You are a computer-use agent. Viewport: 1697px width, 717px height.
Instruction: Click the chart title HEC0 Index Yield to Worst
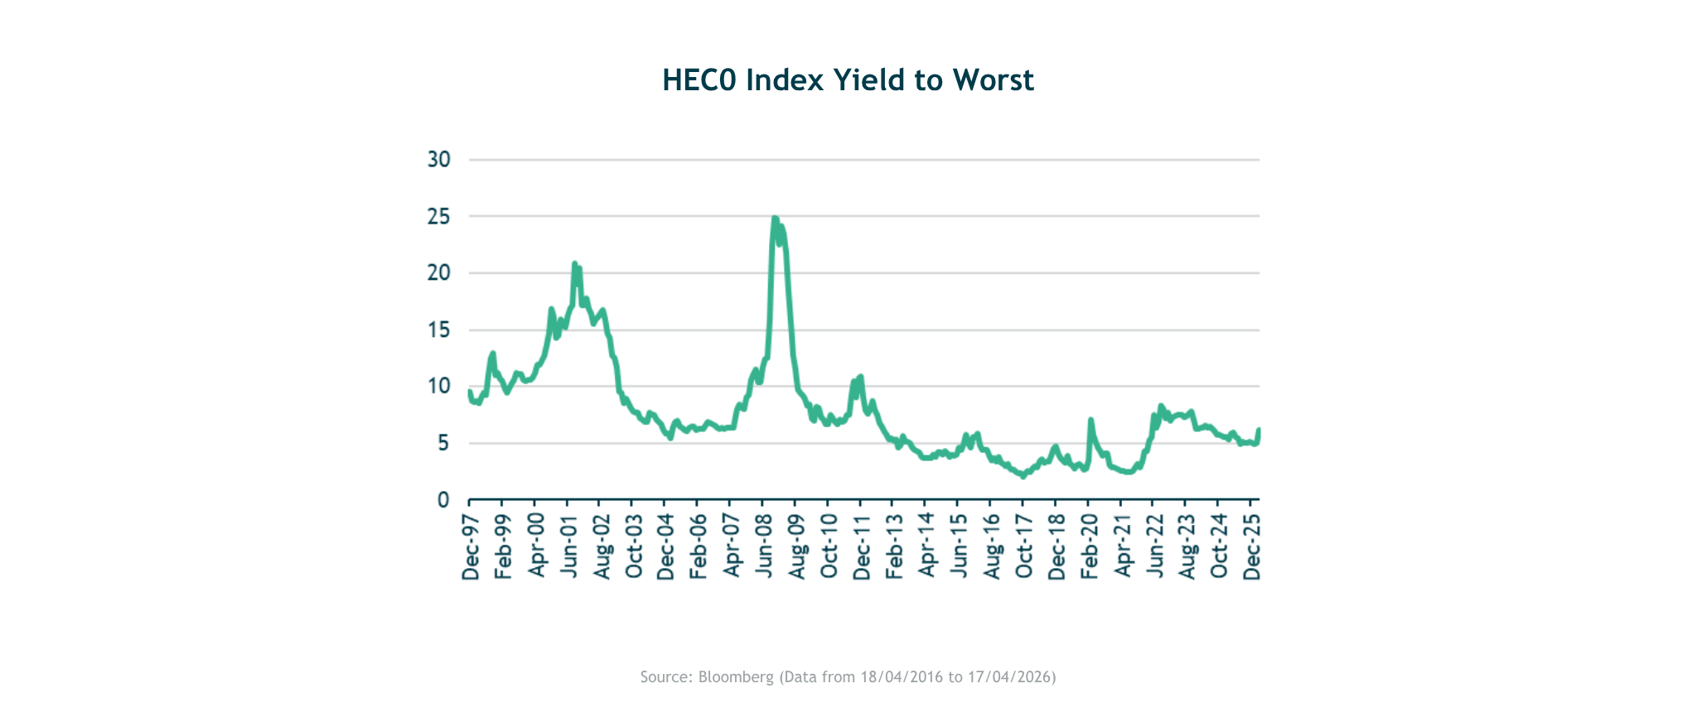tap(848, 80)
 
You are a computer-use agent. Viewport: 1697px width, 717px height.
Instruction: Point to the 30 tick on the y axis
tap(439, 159)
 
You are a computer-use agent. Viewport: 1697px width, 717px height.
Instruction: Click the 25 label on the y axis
tap(439, 216)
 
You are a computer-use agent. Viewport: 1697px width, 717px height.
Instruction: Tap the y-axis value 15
tap(439, 330)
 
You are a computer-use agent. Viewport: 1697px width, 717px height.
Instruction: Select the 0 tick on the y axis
tap(443, 500)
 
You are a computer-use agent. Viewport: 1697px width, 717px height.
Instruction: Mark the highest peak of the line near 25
tap(774, 219)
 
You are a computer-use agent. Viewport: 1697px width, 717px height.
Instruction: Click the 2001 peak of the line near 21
tap(574, 263)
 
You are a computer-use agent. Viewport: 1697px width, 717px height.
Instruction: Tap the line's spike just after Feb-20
tap(1090, 420)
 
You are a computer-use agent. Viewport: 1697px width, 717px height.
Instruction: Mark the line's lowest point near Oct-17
tap(1023, 476)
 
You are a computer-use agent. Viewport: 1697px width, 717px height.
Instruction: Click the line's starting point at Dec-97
tap(470, 392)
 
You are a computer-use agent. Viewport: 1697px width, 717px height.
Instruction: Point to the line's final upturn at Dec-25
tap(1259, 430)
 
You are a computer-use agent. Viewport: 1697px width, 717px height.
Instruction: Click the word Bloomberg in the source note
tap(735, 677)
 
